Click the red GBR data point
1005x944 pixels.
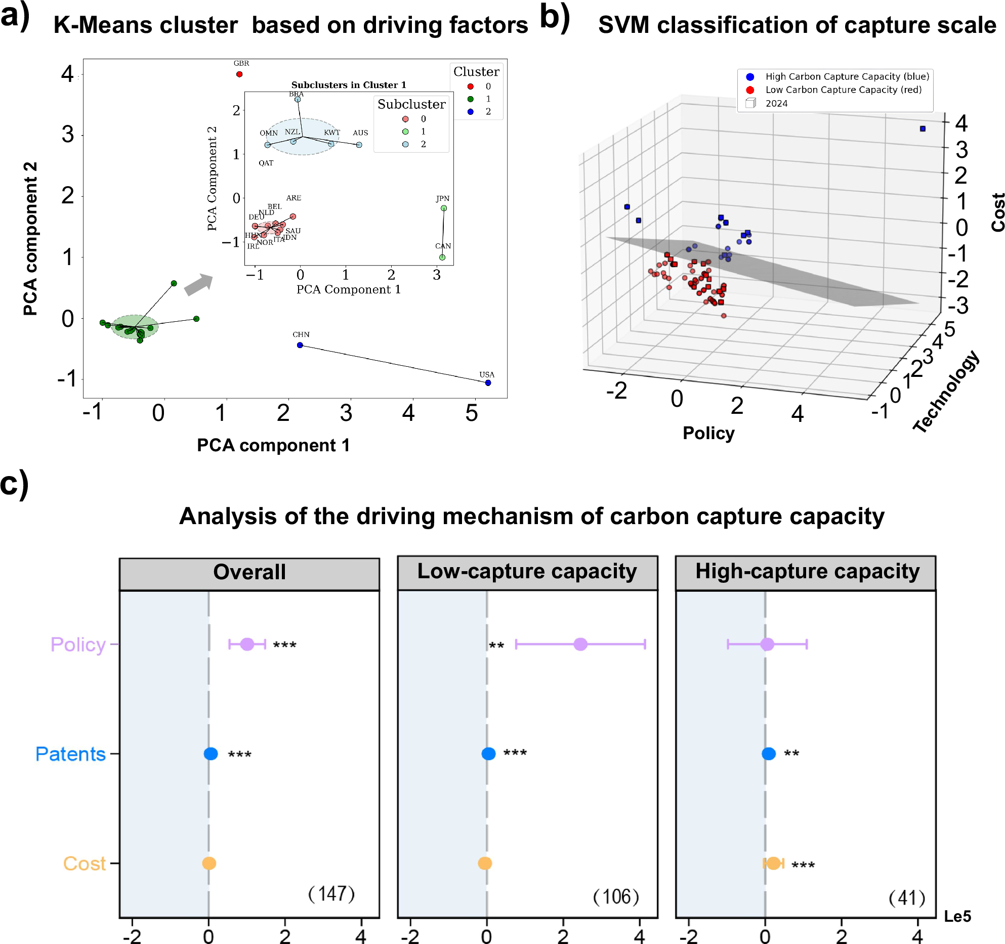(x=239, y=74)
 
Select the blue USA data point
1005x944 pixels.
(x=488, y=383)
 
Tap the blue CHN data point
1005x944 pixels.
(x=300, y=345)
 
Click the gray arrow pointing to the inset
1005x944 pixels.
(x=198, y=284)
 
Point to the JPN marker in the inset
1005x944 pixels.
(x=444, y=208)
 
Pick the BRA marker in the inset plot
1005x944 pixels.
(x=298, y=100)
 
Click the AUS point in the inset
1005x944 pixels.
(x=359, y=145)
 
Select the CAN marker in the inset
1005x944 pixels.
(x=442, y=258)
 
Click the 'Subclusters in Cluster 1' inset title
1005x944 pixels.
(x=348, y=85)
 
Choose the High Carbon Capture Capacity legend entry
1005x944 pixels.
(x=847, y=76)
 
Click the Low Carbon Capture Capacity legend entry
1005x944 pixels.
(x=843, y=90)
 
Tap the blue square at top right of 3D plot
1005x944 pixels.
(x=923, y=129)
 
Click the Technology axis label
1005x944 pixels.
(x=946, y=392)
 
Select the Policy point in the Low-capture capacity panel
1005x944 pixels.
(x=580, y=644)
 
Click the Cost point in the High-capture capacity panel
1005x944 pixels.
(x=773, y=863)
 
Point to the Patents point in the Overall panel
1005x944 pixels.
(x=211, y=754)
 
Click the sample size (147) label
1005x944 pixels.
(x=331, y=894)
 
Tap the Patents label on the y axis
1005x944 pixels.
(x=70, y=754)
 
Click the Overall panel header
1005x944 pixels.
(x=249, y=572)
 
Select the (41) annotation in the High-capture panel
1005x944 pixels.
(x=907, y=898)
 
